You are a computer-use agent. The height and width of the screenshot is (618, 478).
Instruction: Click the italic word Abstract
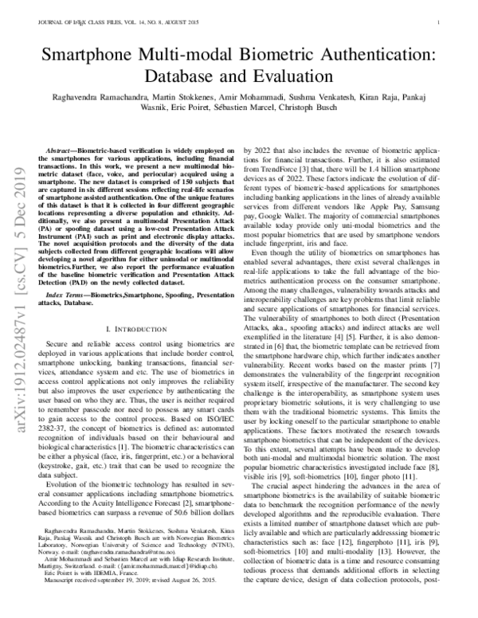61,151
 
